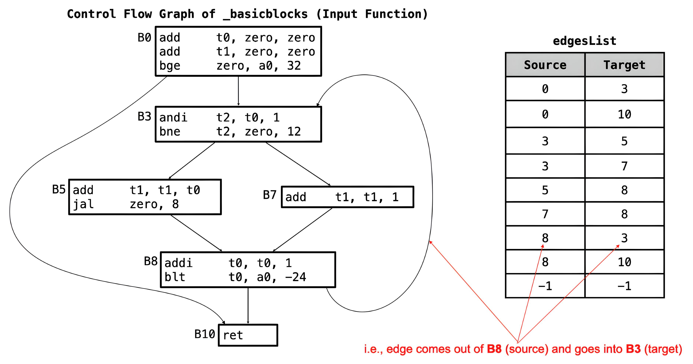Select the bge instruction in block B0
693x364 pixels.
(x=170, y=66)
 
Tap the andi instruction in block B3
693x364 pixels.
(x=173, y=118)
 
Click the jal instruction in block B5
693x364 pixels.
(x=83, y=204)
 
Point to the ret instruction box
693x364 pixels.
(x=248, y=335)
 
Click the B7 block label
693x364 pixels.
(x=270, y=195)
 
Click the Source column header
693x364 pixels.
(x=545, y=65)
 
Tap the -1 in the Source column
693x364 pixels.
(x=545, y=286)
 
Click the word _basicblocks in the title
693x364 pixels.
(x=265, y=14)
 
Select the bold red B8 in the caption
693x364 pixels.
(x=494, y=349)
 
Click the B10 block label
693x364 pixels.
(x=204, y=334)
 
